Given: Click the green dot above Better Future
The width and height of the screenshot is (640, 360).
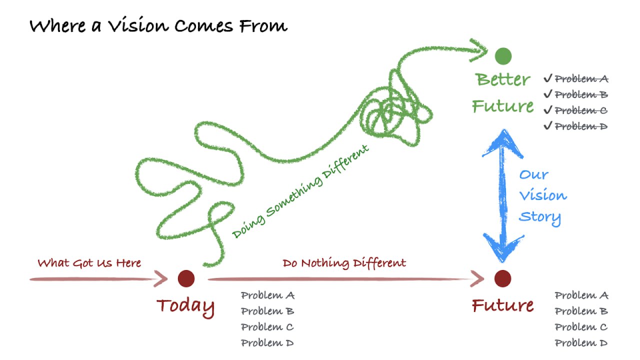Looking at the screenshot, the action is click(x=503, y=56).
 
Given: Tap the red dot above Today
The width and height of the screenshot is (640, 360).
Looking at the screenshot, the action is click(x=186, y=278).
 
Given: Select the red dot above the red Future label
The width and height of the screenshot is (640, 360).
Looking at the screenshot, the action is click(x=503, y=278).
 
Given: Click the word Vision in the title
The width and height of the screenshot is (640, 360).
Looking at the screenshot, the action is click(x=138, y=25).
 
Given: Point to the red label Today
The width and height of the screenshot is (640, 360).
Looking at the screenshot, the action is click(x=185, y=307).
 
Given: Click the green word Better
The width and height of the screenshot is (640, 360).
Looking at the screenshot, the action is click(x=503, y=79).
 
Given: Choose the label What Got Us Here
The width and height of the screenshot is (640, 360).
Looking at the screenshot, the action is click(x=89, y=263).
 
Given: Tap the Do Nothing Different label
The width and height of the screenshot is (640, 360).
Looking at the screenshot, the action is click(x=344, y=263).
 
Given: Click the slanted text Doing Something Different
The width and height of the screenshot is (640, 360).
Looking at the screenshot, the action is click(x=300, y=191).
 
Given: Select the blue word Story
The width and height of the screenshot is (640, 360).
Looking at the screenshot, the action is click(x=540, y=217).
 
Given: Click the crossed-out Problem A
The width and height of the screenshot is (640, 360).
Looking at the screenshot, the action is click(x=581, y=78).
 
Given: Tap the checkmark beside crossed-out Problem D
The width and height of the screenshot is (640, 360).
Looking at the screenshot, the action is click(x=547, y=125).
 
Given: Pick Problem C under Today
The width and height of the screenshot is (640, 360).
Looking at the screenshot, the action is click(x=267, y=327).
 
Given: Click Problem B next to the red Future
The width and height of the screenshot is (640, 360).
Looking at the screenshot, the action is click(x=581, y=311).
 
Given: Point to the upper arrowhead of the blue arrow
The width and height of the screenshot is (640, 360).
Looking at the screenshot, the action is click(x=503, y=143).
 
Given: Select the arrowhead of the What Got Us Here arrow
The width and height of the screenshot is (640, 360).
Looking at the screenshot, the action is click(x=160, y=278).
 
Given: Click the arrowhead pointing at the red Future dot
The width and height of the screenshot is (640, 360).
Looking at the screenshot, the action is click(x=477, y=278).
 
